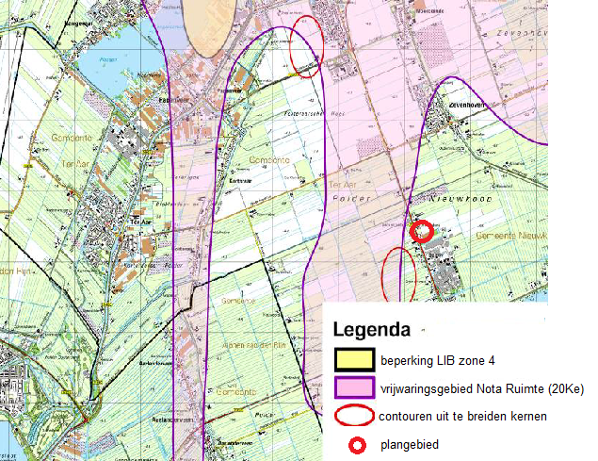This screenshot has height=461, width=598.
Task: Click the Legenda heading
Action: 372,331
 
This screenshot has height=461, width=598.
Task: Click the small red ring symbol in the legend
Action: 354,443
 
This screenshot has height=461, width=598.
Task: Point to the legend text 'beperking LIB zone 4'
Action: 438,360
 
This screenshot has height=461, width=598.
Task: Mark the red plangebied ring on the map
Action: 423,229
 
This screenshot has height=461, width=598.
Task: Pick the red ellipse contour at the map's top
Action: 307,44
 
